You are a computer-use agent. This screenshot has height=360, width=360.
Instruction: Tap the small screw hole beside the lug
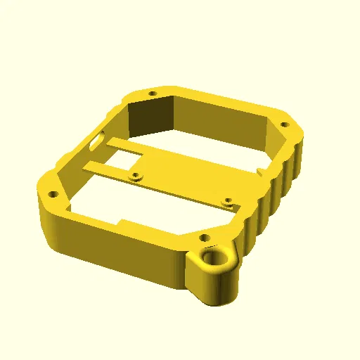point(204,238)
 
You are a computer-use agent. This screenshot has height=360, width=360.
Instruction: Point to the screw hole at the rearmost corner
point(153,93)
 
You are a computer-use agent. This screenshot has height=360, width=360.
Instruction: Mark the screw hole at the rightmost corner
point(285,124)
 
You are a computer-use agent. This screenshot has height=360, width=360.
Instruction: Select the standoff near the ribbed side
point(227,201)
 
